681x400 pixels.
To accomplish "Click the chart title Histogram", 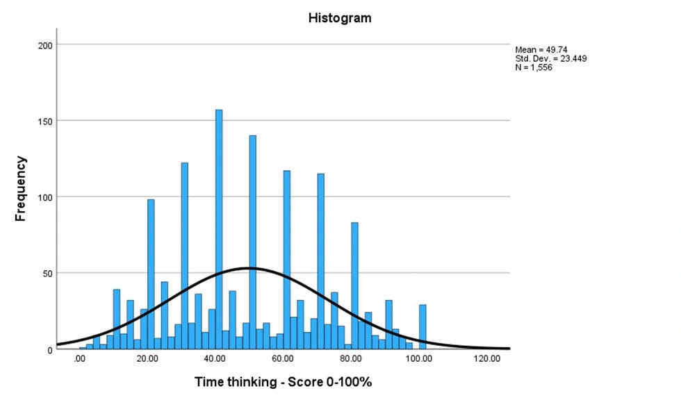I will (340, 18).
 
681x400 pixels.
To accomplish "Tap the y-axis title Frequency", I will (21, 189).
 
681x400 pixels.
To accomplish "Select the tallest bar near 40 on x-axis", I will (219, 229).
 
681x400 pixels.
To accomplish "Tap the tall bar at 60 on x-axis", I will (286, 260).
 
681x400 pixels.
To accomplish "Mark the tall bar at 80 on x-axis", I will (354, 285).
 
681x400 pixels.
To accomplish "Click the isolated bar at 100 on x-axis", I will (422, 326).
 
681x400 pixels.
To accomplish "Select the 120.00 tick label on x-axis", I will (486, 359).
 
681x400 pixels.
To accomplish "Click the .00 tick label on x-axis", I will (79, 359).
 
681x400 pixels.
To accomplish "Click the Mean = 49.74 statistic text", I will (539, 50).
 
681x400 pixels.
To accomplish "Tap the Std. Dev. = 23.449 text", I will (551, 59).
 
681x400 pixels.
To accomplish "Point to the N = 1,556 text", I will (534, 68).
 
